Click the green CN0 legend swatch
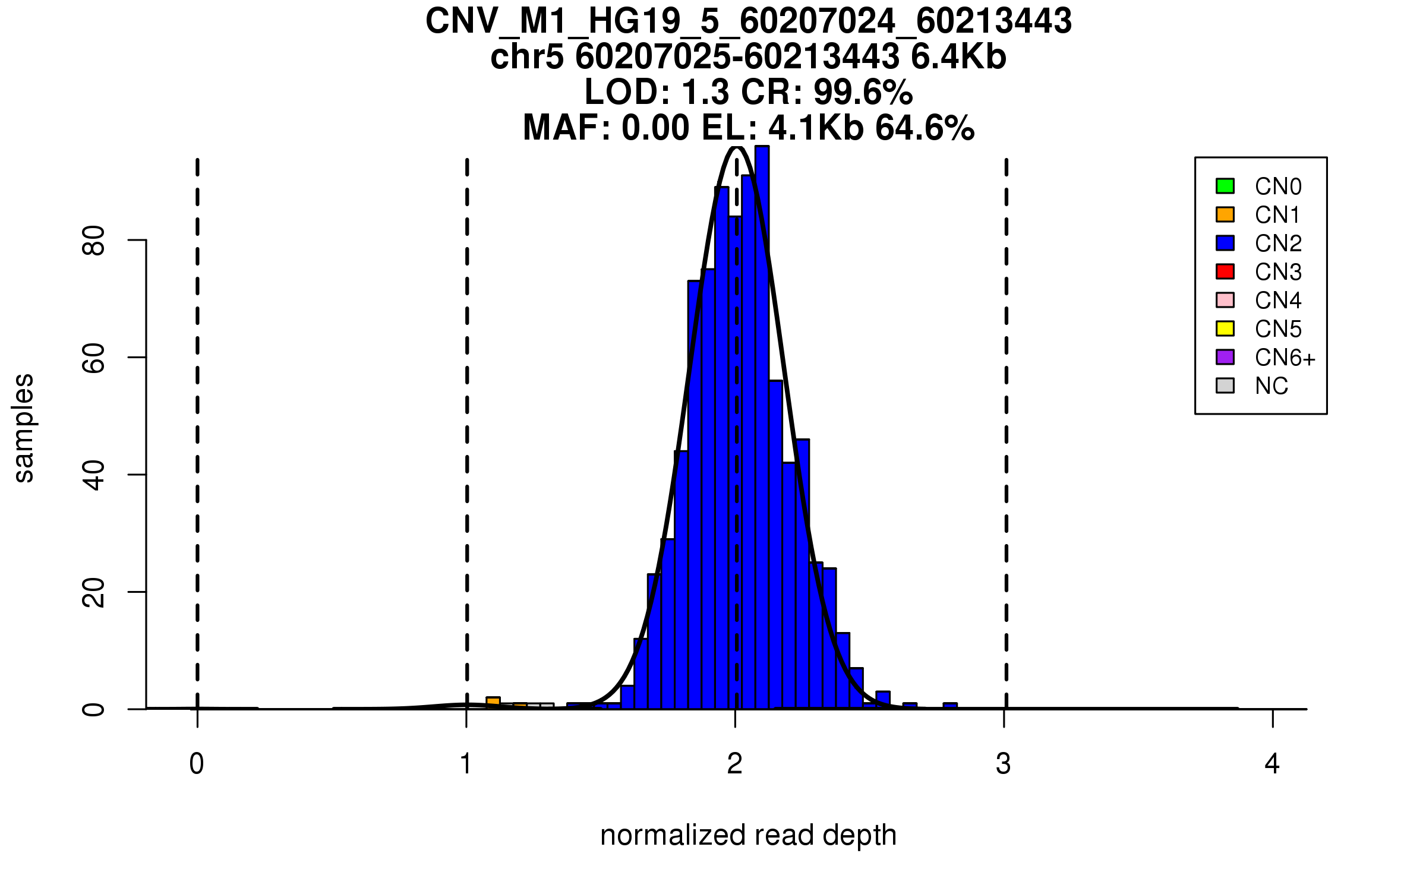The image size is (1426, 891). (x=1225, y=186)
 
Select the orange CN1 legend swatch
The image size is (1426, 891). (x=1225, y=214)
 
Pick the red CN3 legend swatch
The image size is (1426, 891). (x=1225, y=271)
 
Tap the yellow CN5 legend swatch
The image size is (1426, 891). (x=1225, y=328)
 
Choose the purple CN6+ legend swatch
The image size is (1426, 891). (x=1225, y=357)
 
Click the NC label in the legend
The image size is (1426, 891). (x=1272, y=386)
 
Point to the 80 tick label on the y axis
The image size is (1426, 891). (x=93, y=240)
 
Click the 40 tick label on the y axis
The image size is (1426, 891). (x=93, y=475)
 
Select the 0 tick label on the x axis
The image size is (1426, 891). (x=197, y=764)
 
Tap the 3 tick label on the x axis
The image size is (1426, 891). (x=1004, y=764)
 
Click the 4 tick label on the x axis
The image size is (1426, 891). (x=1272, y=764)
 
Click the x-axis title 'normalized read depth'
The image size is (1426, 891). (x=748, y=835)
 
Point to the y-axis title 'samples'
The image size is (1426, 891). (x=24, y=428)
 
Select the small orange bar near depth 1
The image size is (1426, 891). (x=493, y=703)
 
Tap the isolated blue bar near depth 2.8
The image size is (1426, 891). (x=950, y=706)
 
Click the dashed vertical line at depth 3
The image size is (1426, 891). (x=1006, y=416)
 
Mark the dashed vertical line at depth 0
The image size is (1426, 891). (x=197, y=416)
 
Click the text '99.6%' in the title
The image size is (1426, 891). (x=863, y=92)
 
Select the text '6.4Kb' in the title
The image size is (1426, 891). (x=958, y=57)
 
